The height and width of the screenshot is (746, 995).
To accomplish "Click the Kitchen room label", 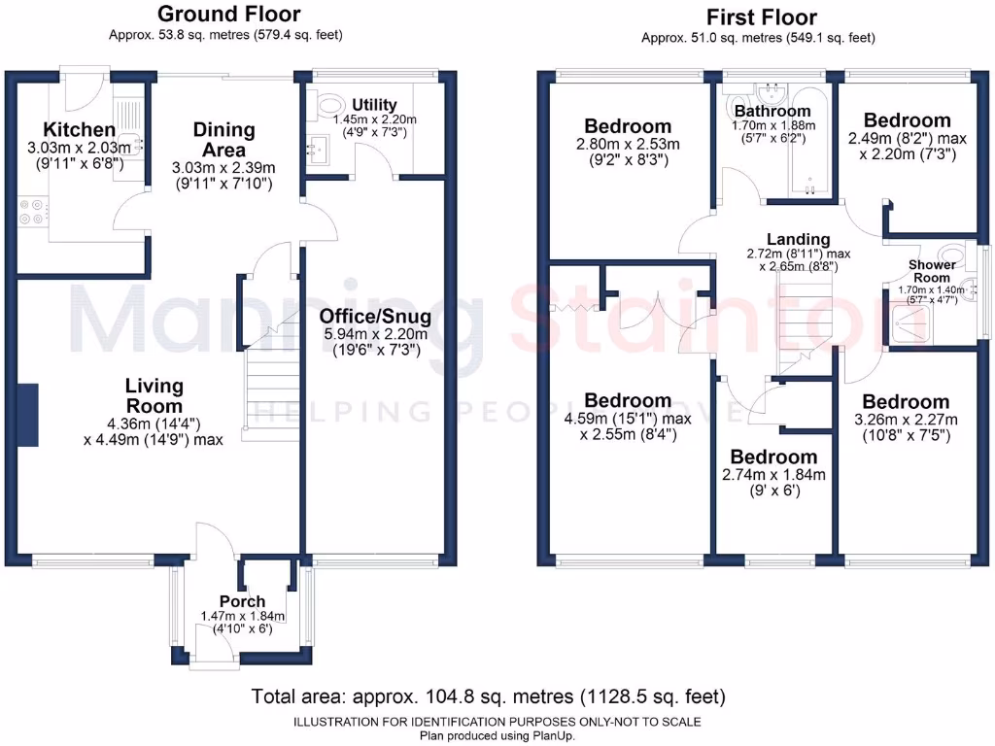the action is (x=80, y=129).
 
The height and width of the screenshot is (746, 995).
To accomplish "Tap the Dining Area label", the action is (x=224, y=140).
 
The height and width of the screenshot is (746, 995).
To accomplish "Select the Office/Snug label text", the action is (x=375, y=316).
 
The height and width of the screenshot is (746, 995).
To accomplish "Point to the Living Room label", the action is (x=154, y=395).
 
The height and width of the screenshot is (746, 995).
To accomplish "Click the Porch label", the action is (x=242, y=601).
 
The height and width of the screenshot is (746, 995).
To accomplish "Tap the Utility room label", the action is (x=374, y=104).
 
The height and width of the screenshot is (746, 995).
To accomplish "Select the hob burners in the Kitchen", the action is (x=33, y=212).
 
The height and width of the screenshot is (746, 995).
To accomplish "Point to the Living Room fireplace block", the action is (x=28, y=415).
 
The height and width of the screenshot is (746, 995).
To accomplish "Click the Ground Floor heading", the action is (x=229, y=14).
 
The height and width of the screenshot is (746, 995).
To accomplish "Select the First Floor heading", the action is (x=762, y=17).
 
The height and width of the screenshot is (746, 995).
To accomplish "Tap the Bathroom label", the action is (x=772, y=111).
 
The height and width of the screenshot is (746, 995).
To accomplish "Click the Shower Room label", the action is (x=932, y=272).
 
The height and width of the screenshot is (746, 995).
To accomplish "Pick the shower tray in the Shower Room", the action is (x=911, y=325).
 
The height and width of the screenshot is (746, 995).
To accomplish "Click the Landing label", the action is (x=799, y=239).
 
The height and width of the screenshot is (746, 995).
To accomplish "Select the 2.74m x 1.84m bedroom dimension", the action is (x=773, y=474).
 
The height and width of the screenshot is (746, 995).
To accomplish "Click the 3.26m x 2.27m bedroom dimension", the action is (x=907, y=420).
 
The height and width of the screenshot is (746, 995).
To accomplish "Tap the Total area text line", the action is (x=488, y=696).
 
